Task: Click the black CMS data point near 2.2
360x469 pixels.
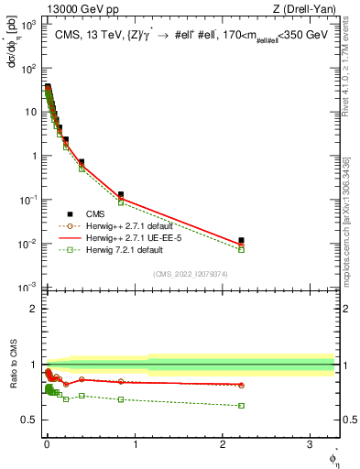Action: pos(241,240)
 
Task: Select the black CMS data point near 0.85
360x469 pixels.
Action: pos(121,194)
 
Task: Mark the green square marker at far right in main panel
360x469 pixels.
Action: pos(241,249)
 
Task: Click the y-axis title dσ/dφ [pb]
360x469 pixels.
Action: pos(13,46)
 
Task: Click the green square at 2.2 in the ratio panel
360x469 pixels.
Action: pos(241,405)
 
